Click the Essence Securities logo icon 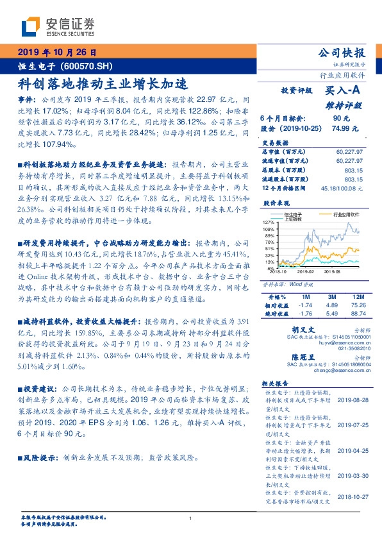coord(31,26)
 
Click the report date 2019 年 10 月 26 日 coord(57,53)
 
